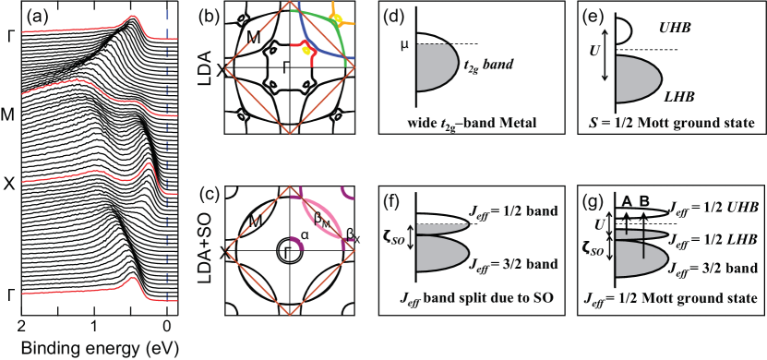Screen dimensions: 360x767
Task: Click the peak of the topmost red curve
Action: click(x=135, y=17)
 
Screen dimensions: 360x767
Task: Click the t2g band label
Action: click(x=496, y=64)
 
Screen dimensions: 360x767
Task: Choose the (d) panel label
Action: click(x=390, y=18)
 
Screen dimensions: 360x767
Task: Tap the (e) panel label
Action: click(x=588, y=18)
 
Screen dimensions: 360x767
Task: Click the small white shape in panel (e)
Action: click(x=623, y=32)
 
